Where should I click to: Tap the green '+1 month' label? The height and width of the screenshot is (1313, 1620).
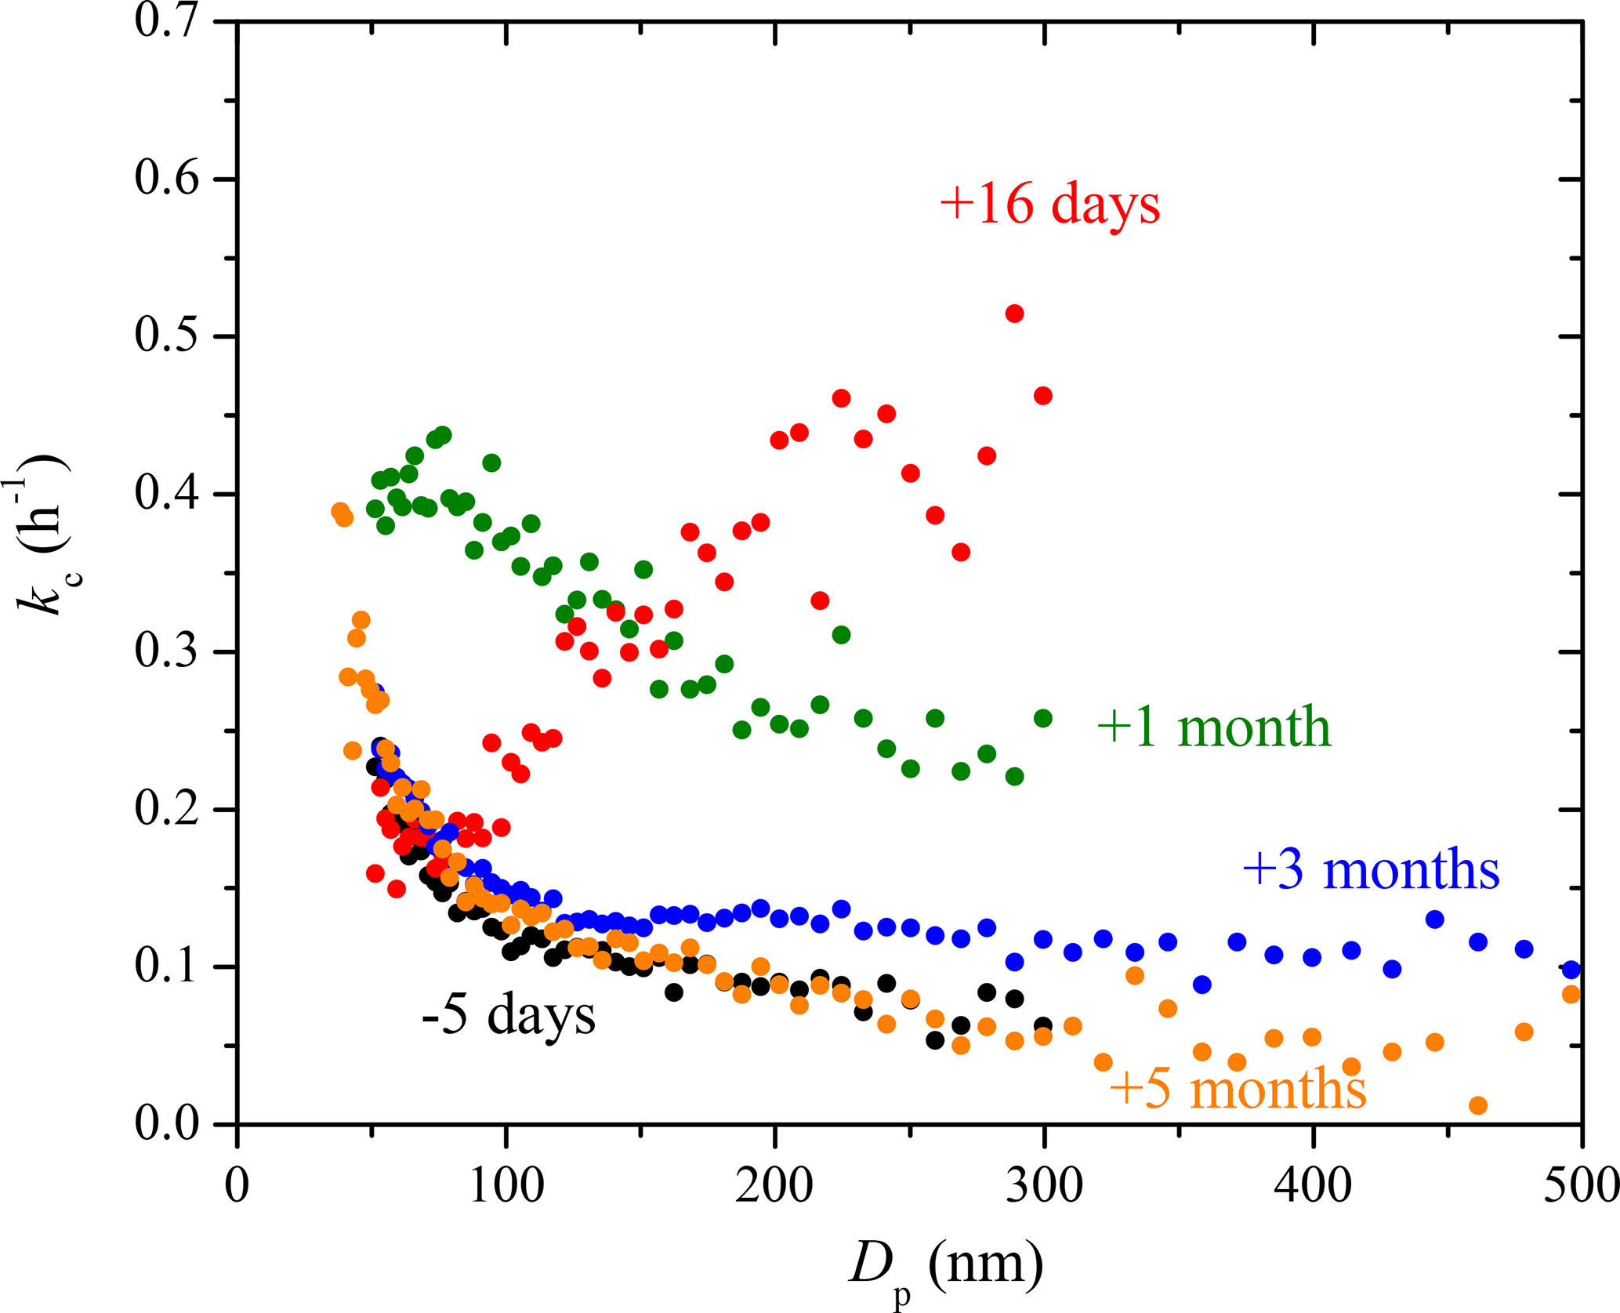point(1214,727)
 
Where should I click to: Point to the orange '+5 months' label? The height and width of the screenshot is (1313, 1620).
point(1238,1089)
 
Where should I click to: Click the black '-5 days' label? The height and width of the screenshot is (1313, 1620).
point(508,1015)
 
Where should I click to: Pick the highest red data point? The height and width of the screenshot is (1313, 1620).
point(1014,314)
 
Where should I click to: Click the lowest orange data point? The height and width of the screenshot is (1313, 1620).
point(1478,1105)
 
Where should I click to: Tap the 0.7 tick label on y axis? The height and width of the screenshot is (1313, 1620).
point(167,21)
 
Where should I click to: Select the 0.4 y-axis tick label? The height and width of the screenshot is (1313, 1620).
point(167,494)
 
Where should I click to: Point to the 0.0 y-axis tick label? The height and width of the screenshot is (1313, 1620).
point(167,1123)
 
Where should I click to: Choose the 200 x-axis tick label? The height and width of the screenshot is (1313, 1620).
point(774,1185)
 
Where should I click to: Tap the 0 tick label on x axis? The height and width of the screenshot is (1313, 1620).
point(237,1185)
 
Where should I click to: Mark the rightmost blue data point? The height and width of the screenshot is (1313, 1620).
point(1571,970)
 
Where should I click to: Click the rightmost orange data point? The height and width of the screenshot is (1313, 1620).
point(1571,994)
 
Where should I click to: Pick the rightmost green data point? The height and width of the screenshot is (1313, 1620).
point(1043,718)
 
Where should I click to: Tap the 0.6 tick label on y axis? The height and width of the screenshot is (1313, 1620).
point(167,179)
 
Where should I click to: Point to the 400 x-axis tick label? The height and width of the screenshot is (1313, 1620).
point(1312,1185)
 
